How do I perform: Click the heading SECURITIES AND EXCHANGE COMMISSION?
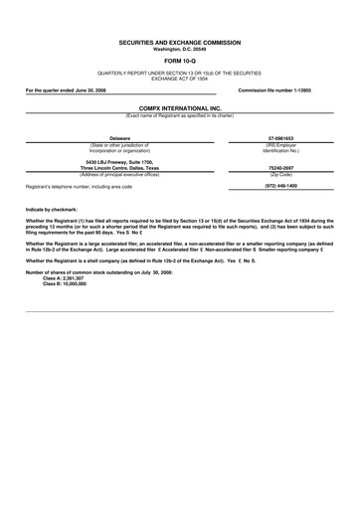click(x=180, y=44)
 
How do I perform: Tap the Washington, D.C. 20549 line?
click(x=180, y=50)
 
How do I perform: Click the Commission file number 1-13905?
click(x=281, y=89)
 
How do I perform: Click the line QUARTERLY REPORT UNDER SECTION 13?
click(x=180, y=75)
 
